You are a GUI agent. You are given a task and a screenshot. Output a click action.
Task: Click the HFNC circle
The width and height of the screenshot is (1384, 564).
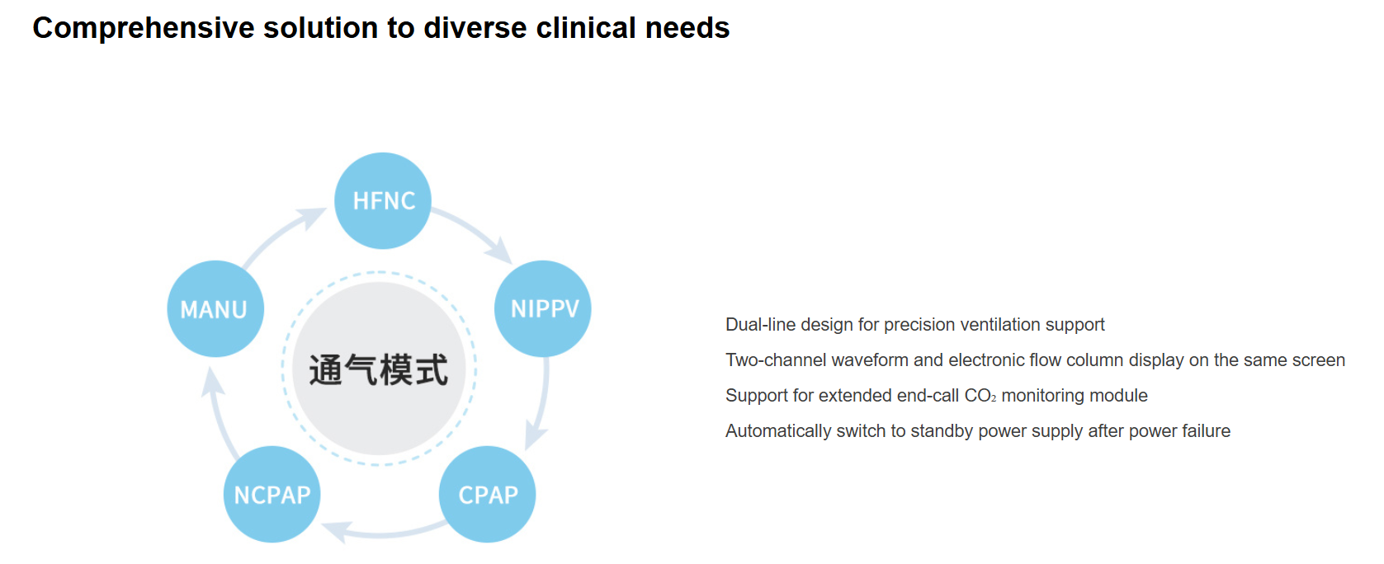pos(382,200)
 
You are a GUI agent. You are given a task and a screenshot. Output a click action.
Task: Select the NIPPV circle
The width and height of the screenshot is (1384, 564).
pos(542,308)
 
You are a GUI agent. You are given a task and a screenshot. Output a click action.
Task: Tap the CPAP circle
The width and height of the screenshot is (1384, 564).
pos(487,494)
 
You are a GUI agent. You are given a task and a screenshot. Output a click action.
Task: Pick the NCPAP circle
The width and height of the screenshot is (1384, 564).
pos(272,494)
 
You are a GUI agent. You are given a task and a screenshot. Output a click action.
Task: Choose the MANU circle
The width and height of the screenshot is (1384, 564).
pos(215,308)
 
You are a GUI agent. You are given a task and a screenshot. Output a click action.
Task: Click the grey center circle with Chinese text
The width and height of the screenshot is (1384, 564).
pos(379,369)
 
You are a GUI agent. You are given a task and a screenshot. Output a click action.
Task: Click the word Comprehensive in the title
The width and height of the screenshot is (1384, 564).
pos(144,28)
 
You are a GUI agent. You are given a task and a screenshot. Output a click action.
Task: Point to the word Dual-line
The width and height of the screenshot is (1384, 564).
pos(761,325)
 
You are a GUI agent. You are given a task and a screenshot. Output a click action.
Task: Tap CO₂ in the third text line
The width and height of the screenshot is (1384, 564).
pos(980,396)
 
